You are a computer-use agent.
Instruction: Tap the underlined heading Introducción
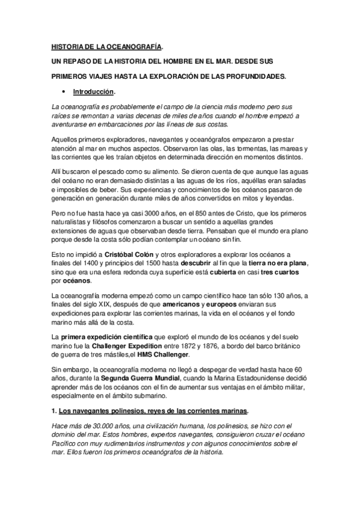click(x=93, y=92)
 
